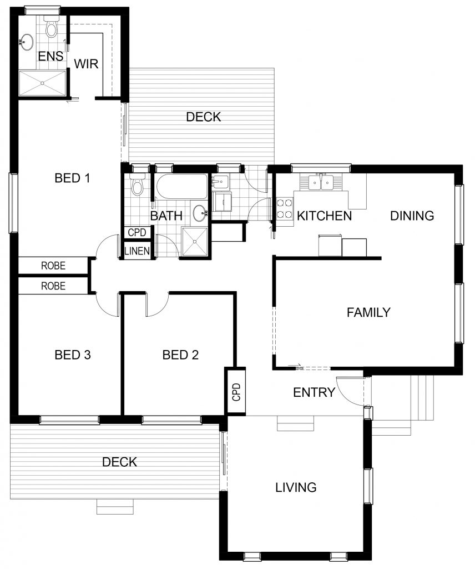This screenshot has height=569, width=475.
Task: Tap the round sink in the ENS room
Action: coord(27,42)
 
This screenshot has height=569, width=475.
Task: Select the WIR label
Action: coord(86,64)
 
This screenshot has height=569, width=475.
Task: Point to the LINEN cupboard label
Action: coord(137,251)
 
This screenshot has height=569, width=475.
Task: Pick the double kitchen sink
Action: coord(321,182)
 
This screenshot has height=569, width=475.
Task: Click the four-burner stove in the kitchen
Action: coord(285,209)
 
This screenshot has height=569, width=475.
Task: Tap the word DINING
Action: coord(412,216)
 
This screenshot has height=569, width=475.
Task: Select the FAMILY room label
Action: coord(368,312)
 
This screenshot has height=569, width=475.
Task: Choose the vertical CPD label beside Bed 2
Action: coord(236,392)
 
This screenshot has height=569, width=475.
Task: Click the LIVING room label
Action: coord(296,487)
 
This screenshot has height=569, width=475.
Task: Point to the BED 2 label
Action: coord(180,355)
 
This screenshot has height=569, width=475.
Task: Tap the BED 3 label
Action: coord(73,355)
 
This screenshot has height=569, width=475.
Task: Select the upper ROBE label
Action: coord(53,266)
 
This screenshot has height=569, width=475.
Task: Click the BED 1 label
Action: coord(72,178)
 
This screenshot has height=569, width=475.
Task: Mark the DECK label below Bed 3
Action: coord(119,462)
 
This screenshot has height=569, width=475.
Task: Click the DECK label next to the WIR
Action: coord(204,117)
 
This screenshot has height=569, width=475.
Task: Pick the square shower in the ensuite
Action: coord(42,83)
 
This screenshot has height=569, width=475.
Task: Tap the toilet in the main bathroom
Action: coord(137,184)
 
